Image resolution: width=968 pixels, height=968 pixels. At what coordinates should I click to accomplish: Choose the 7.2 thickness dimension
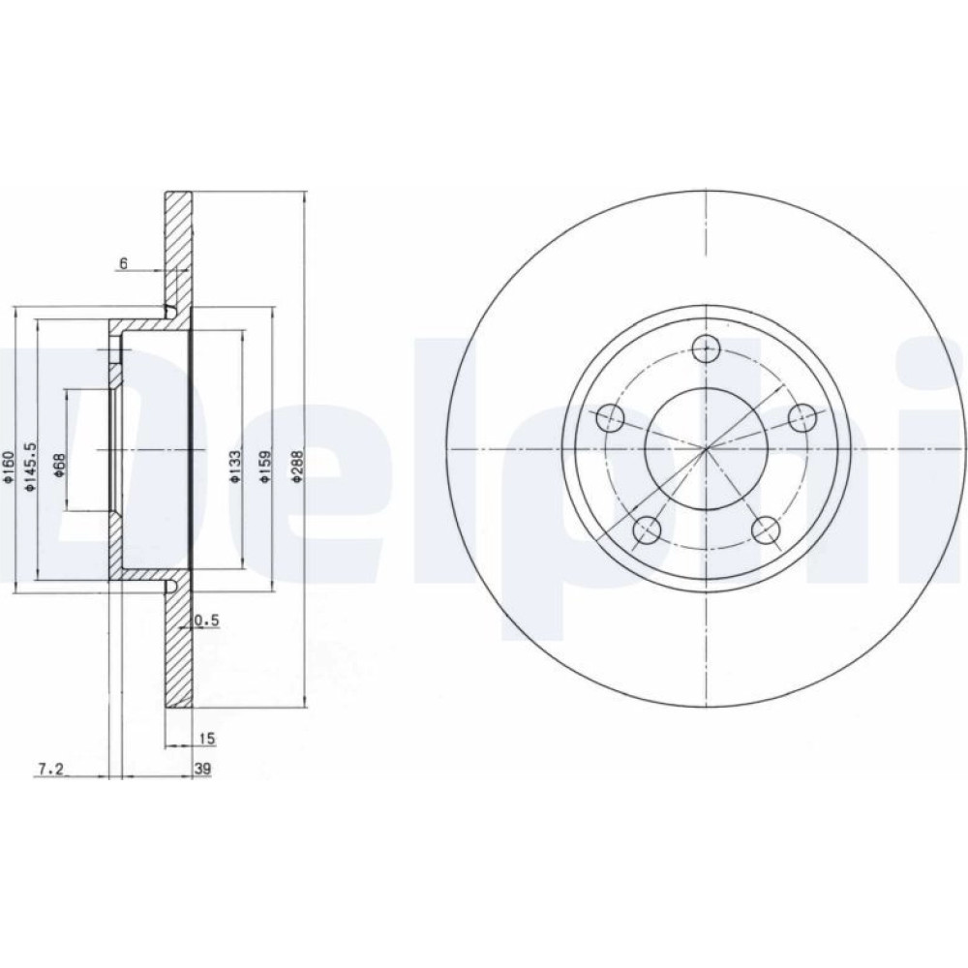[50, 769]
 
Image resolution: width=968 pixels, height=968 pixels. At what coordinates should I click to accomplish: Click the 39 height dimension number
[202, 770]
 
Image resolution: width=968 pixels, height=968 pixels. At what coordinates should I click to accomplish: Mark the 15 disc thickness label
[206, 738]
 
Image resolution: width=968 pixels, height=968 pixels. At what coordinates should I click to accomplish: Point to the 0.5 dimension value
[207, 620]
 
